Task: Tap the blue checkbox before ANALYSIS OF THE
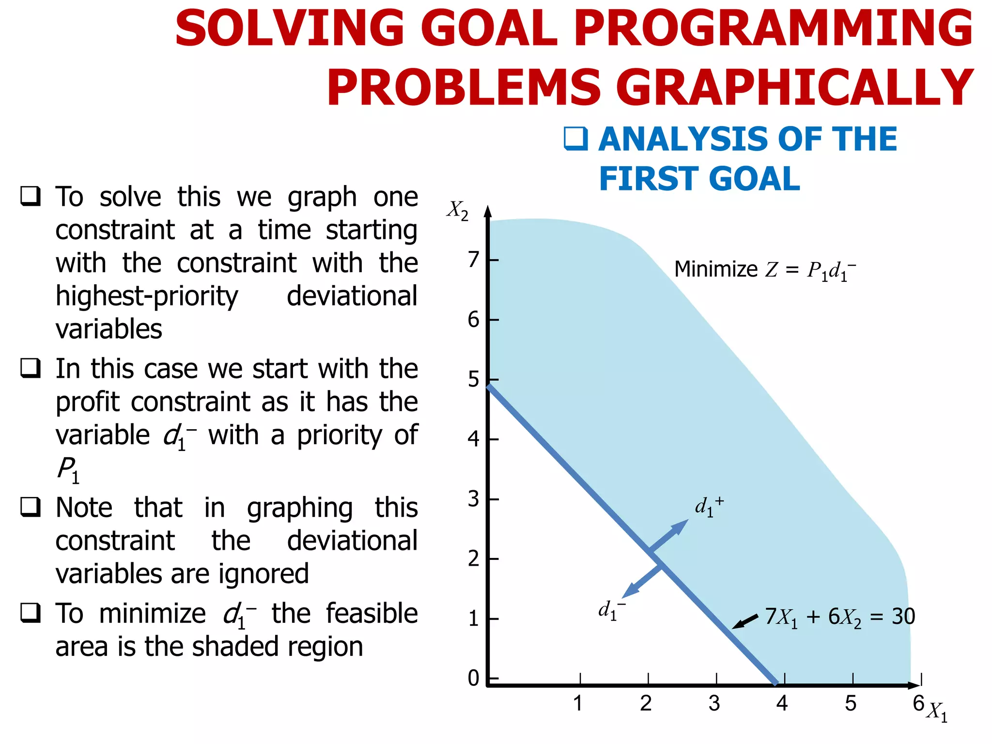click(576, 139)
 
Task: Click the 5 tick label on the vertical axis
click(473, 380)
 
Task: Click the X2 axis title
click(457, 211)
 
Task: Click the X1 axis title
click(937, 712)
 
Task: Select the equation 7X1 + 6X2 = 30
click(840, 617)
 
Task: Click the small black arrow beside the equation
click(744, 621)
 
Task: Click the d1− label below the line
click(611, 610)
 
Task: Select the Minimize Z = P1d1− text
click(765, 270)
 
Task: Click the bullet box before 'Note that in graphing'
click(31, 507)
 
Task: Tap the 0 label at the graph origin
click(473, 679)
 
